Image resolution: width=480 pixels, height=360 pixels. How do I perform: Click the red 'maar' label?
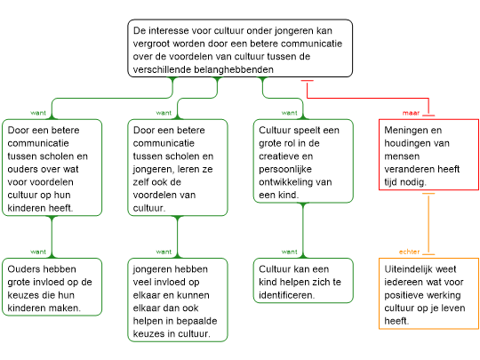(x=411, y=113)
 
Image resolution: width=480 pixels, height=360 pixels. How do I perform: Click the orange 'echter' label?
(x=409, y=252)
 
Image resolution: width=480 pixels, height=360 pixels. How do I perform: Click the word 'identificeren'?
(x=286, y=295)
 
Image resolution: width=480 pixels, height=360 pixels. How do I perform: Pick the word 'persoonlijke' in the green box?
(x=285, y=169)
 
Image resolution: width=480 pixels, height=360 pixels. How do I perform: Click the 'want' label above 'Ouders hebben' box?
(x=38, y=252)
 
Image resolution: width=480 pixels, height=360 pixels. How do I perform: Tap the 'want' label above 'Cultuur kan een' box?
(x=289, y=252)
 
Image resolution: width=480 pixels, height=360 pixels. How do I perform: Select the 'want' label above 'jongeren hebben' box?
(x=164, y=252)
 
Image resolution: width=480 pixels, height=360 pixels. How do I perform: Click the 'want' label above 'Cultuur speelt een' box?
(x=289, y=113)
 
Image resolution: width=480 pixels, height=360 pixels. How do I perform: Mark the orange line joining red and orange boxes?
(x=428, y=224)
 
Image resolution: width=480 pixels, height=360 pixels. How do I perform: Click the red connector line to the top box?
(x=368, y=99)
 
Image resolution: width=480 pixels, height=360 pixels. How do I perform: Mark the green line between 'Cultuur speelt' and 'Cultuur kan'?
(x=303, y=230)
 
